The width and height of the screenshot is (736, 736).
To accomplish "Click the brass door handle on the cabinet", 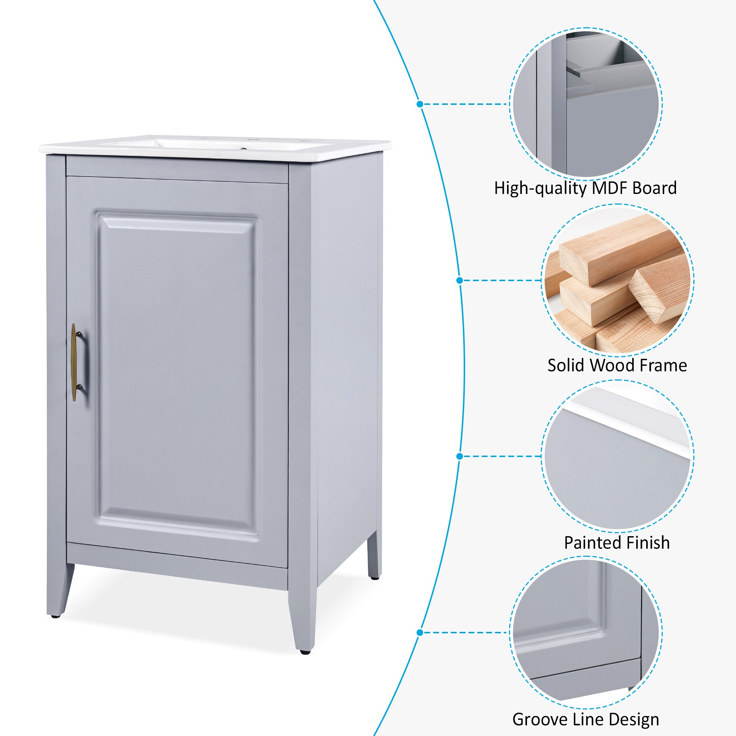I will coord(74,362).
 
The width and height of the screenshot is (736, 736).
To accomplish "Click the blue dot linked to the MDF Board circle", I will coord(420,104).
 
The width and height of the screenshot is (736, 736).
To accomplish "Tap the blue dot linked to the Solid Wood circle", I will coord(459,280).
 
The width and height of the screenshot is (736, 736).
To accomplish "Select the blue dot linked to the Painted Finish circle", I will coord(459,456).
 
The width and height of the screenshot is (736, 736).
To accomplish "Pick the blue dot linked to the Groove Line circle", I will coord(420,633).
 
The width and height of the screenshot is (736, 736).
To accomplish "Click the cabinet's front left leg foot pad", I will coord(56,616).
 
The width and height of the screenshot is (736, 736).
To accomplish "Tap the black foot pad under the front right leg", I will coord(304,652).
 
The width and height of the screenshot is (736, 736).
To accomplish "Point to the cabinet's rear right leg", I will coord(374,556).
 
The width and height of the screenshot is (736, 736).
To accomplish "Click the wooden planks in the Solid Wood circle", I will coord(617,282).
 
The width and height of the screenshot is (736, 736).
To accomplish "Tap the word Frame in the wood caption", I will coord(663,365).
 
